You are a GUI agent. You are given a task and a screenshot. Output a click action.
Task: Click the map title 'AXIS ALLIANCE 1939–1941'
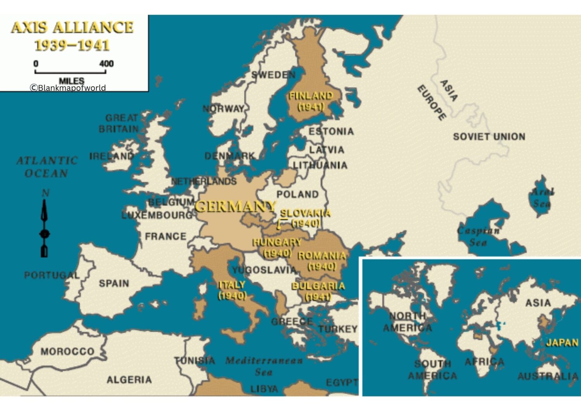tap(72, 36)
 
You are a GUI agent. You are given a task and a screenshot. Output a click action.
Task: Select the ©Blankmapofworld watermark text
tap(68, 88)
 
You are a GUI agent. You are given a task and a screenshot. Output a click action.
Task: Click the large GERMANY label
tap(235, 206)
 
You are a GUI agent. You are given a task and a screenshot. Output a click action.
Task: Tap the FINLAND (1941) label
tap(311, 101)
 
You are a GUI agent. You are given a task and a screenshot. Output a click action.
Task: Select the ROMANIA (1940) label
tap(321, 261)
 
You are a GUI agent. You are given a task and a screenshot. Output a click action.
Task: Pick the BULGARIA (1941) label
tap(318, 291)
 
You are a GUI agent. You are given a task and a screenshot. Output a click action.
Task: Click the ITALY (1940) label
tap(232, 290)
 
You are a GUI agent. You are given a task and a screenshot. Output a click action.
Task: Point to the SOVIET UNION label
tap(489, 137)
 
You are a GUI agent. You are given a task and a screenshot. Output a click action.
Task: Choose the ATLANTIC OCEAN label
tap(47, 167)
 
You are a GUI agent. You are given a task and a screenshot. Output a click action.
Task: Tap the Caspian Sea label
tap(478, 236)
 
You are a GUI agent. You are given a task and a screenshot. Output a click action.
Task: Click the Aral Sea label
tap(542, 198)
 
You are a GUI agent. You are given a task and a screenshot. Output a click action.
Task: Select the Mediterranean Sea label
tap(264, 366)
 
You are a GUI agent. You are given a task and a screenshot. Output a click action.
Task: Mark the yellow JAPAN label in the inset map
tap(562, 343)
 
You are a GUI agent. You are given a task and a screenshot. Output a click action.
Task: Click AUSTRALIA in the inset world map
tap(548, 376)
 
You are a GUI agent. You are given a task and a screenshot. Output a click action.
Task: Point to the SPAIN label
tap(114, 283)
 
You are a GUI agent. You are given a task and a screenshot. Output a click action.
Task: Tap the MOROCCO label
tap(67, 351)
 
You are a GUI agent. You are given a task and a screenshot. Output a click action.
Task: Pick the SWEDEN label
tap(273, 75)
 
